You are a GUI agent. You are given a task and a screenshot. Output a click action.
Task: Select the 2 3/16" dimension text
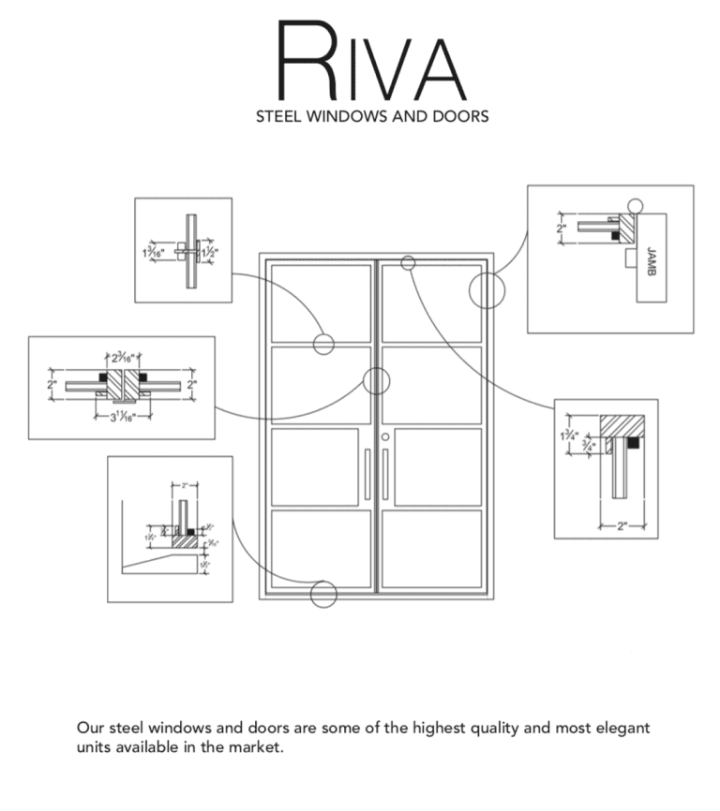(x=122, y=357)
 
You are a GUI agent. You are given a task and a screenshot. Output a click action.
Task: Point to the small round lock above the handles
(x=385, y=436)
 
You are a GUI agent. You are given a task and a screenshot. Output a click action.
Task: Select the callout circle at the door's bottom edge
(x=323, y=594)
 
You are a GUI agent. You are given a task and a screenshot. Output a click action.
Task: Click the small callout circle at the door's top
(x=408, y=263)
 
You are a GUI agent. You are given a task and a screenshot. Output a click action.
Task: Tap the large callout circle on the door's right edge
(x=487, y=290)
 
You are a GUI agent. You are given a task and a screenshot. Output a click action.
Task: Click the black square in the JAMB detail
(x=615, y=236)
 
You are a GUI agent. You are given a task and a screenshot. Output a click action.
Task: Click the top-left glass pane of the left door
(x=321, y=302)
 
